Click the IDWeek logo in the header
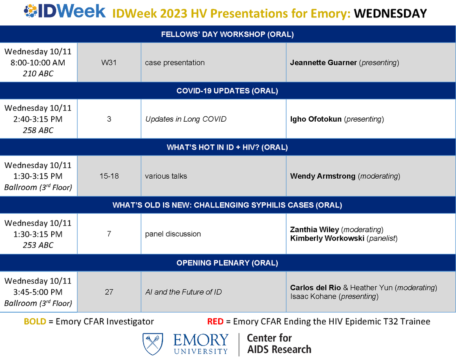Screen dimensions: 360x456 64,12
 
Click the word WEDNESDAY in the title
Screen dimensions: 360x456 390,14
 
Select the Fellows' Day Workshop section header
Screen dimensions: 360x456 228,34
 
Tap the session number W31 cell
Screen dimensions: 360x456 109,63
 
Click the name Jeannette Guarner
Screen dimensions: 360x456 323,63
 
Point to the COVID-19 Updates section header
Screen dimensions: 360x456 228,91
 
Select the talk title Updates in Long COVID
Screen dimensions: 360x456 186,119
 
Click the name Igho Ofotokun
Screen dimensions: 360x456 316,119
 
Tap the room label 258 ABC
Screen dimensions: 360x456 38,130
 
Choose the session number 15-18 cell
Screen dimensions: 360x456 109,176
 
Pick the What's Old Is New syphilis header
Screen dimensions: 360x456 228,205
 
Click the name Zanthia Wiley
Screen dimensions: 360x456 315,230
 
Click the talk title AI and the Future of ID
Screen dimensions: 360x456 184,292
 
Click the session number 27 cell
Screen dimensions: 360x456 109,292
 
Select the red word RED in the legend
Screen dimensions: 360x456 215,322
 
